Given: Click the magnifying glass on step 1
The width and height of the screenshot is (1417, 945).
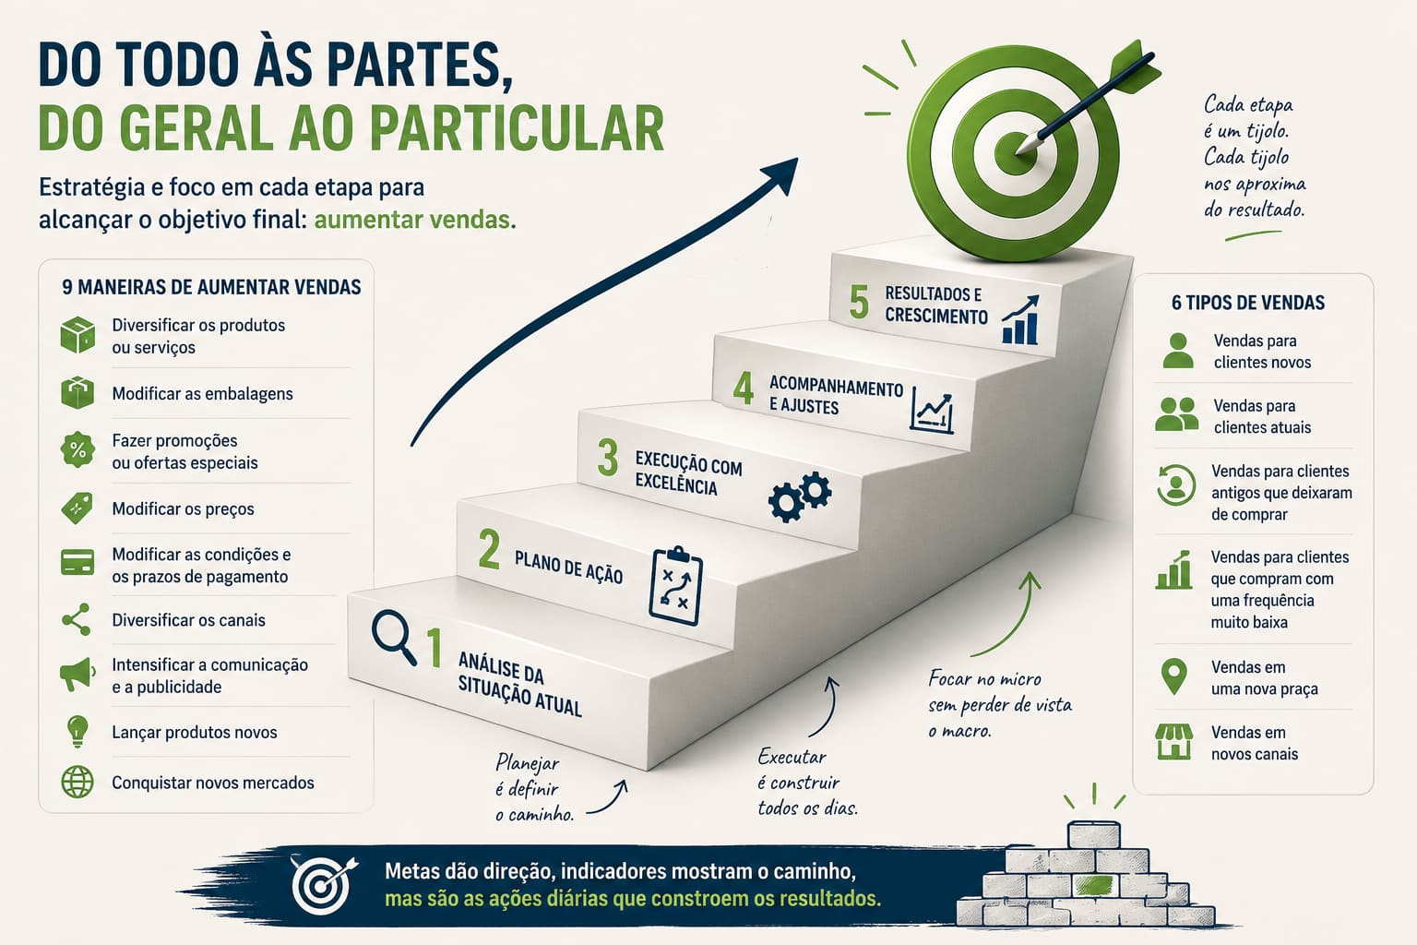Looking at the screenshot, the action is [x=394, y=637].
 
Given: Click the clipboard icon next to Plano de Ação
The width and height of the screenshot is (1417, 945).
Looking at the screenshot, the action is [x=675, y=585].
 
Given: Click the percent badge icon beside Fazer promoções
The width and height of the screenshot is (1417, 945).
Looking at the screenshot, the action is [x=77, y=450].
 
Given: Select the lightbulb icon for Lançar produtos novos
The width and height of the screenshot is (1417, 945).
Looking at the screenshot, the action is [x=77, y=732].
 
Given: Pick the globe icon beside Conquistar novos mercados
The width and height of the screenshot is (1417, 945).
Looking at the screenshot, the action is [x=77, y=783].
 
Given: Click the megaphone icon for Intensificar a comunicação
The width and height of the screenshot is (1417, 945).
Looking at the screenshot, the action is [x=77, y=675].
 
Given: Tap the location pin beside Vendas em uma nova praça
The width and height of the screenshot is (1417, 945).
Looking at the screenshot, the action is [x=1174, y=676].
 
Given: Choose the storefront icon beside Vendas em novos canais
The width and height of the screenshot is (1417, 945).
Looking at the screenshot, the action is [x=1174, y=742].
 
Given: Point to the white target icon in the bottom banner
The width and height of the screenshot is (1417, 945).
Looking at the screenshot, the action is [x=324, y=886].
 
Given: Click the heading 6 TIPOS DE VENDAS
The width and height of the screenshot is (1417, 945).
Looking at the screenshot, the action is [x=1248, y=303].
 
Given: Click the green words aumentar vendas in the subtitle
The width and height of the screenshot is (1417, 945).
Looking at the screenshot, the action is [x=415, y=220].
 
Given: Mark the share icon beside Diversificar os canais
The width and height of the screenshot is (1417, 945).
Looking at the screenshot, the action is [x=77, y=619].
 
